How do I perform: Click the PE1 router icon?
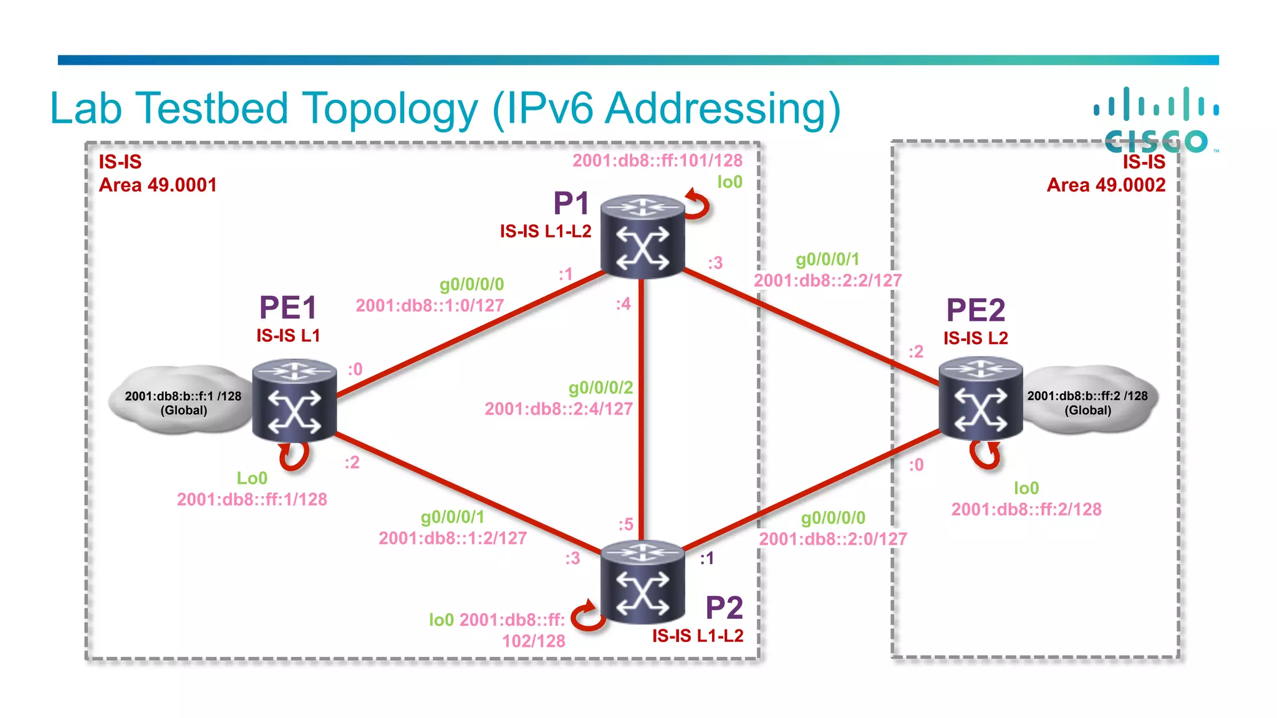coord(294,400)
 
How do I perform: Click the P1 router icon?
coord(642,237)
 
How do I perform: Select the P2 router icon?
coord(642,582)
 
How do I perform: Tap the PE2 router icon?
coord(981,399)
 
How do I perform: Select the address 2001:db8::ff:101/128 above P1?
coord(657,161)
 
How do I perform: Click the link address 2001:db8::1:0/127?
coord(430,305)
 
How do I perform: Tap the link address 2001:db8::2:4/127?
coord(559,409)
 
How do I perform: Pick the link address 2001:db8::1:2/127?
coord(453,538)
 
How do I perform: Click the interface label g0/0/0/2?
coord(600,388)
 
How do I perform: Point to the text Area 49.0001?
coord(158,185)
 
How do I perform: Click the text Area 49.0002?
coord(1106,185)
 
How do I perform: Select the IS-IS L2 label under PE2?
coord(975,338)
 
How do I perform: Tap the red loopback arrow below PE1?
coord(294,456)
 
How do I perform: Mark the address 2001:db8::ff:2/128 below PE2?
coord(1026,509)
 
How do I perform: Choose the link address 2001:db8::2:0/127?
coord(832,538)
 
